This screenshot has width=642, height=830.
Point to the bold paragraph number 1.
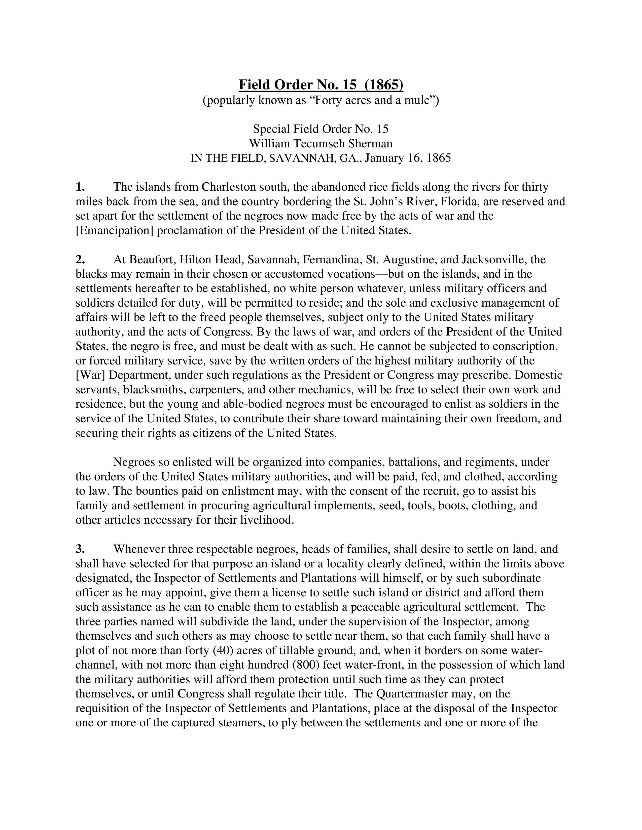pyautogui.click(x=80, y=187)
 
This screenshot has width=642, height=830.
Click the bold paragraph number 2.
pyautogui.click(x=80, y=260)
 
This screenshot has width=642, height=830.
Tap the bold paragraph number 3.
pyautogui.click(x=80, y=549)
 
